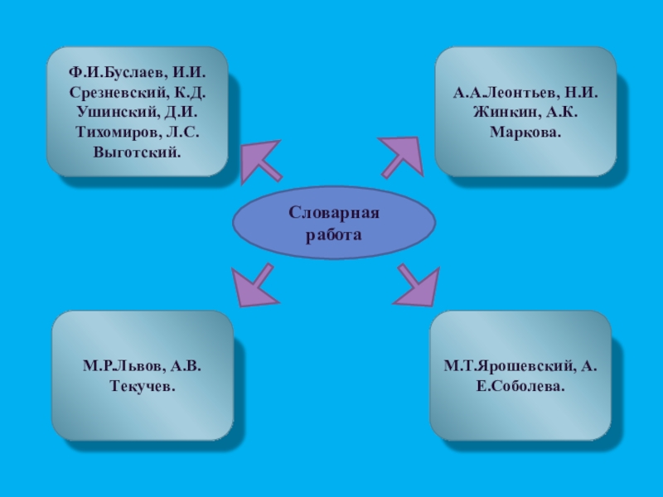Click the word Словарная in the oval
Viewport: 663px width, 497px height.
click(x=334, y=214)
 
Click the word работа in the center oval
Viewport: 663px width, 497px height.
click(x=334, y=234)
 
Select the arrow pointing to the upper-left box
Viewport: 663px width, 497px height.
click(x=259, y=160)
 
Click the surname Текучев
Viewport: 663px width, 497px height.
click(x=143, y=386)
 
